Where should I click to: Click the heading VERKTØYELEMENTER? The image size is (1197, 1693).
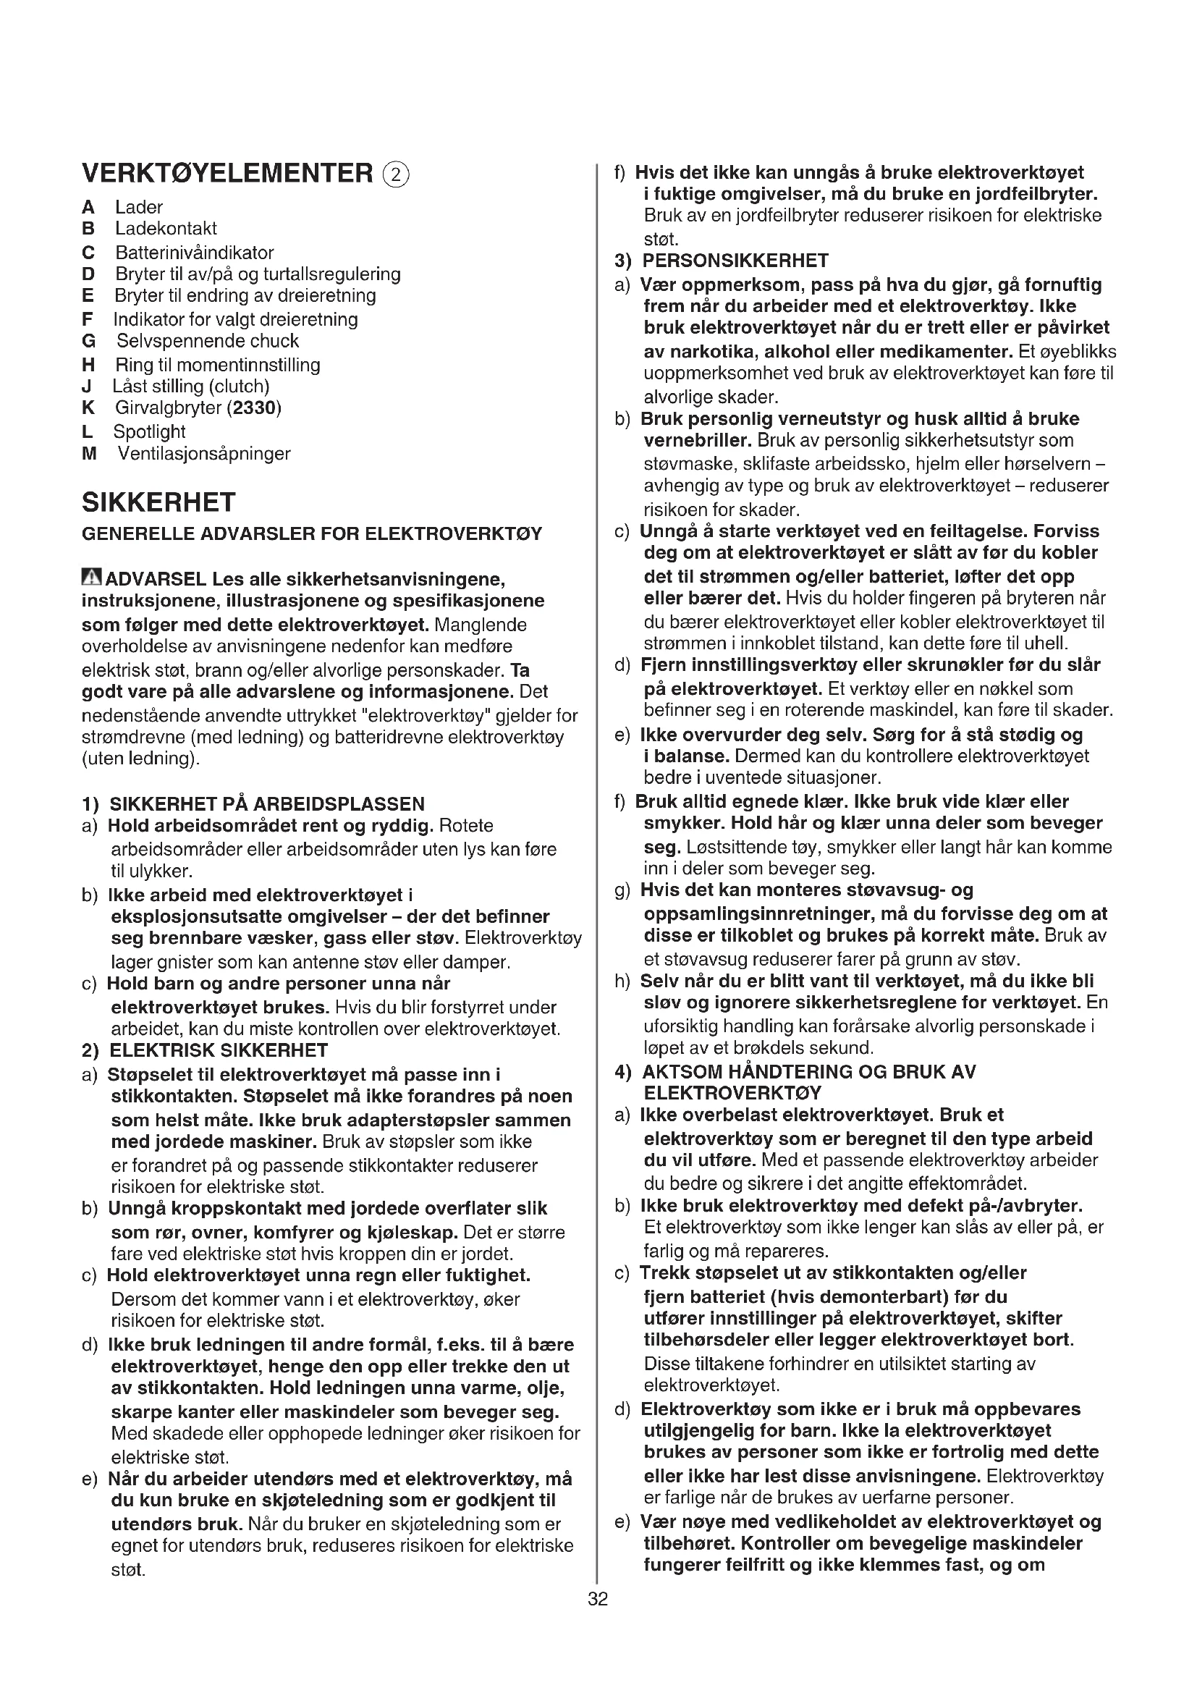coord(227,173)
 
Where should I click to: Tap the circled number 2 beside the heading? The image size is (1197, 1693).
coord(396,174)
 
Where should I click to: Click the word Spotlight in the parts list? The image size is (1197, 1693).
coord(149,431)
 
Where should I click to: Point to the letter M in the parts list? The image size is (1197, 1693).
coord(89,454)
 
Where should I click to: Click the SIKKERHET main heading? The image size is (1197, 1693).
coord(158,502)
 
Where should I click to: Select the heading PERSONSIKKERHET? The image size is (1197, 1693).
coord(735,261)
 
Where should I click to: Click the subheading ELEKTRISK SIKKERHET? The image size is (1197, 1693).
coord(219,1050)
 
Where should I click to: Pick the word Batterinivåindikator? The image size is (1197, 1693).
coord(195,252)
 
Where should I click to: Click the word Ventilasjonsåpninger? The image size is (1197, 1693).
coord(204,454)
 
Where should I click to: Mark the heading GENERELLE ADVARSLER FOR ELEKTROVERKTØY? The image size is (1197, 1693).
coord(312,533)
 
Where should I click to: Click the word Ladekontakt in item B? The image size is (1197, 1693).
coord(166,229)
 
